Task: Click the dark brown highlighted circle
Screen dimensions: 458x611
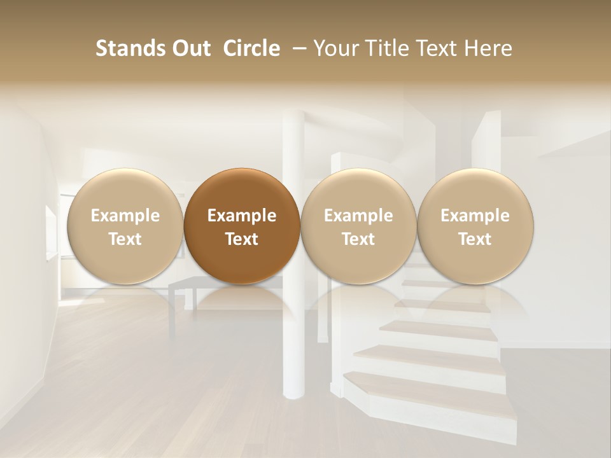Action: [x=242, y=226]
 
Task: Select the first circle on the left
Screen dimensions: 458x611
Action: [x=125, y=226]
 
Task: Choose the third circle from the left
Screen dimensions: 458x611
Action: [x=358, y=226]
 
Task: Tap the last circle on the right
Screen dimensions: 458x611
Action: [x=475, y=226]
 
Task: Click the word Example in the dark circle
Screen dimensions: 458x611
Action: [x=242, y=216]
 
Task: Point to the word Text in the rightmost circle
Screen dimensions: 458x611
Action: [x=475, y=239]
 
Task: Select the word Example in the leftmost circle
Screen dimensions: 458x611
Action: [x=125, y=216]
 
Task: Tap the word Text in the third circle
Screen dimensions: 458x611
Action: [x=358, y=239]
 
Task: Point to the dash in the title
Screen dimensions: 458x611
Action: [x=297, y=48]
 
